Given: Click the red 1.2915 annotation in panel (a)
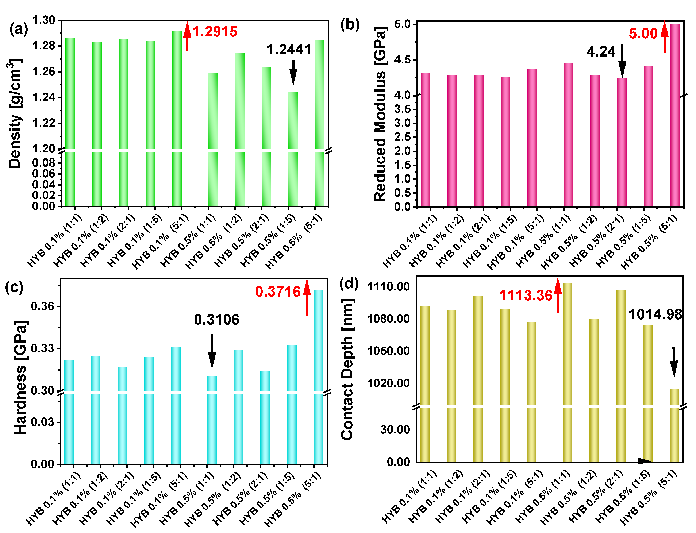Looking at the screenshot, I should click(x=215, y=31).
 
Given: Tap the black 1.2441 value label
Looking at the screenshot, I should click(x=288, y=50).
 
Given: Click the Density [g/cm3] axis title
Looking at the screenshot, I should click(x=14, y=113).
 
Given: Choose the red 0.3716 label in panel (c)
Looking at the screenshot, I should click(x=277, y=291).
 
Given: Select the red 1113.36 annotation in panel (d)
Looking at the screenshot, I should click(x=526, y=295).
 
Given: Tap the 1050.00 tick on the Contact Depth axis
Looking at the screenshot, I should click(x=388, y=351).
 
